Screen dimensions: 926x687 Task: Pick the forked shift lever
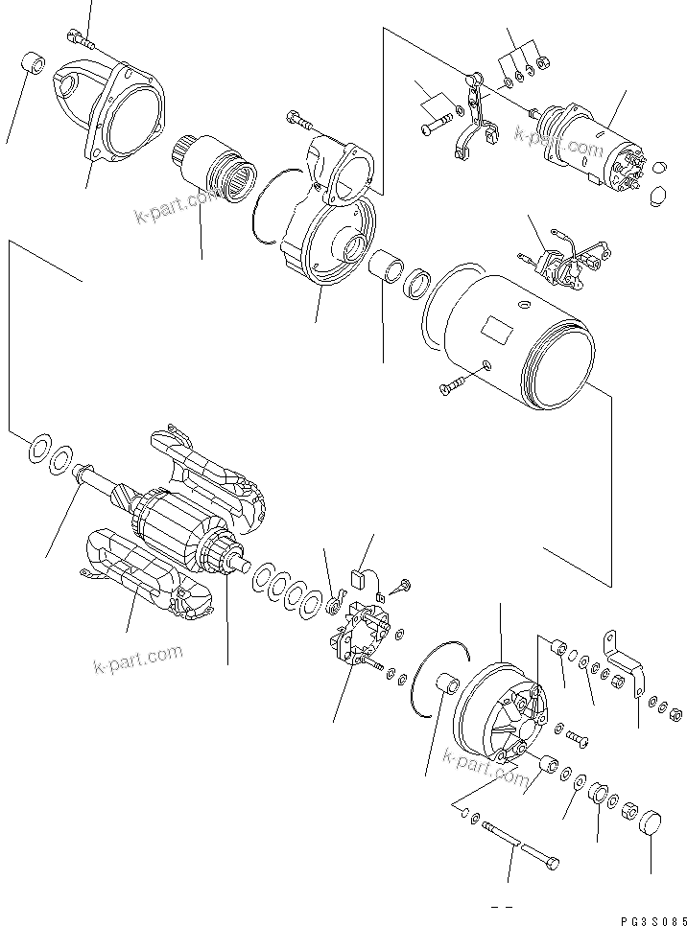pos(476,120)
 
